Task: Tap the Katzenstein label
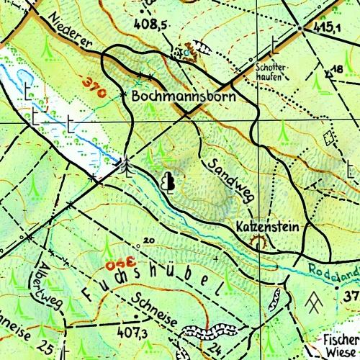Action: click(x=267, y=227)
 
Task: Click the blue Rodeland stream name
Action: click(x=333, y=271)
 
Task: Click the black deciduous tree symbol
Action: click(x=169, y=183)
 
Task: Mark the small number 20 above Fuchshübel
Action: click(x=149, y=240)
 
